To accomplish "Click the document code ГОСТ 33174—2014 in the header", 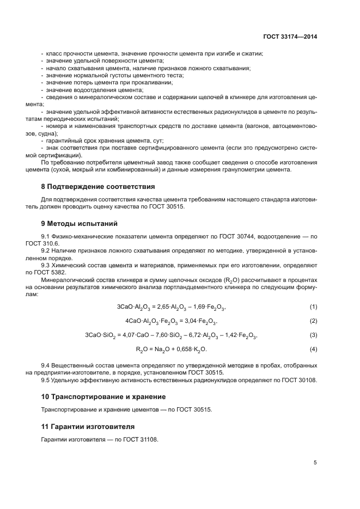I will click(x=289, y=36).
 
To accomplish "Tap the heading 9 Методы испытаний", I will click(x=79, y=223).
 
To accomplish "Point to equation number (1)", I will click(x=313, y=306).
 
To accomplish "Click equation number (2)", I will click(x=313, y=321).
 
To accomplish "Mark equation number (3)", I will click(x=313, y=334).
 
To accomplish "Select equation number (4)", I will click(x=313, y=348).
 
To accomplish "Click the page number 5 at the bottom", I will click(x=315, y=463).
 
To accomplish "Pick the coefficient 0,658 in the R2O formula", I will click(x=185, y=348).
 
